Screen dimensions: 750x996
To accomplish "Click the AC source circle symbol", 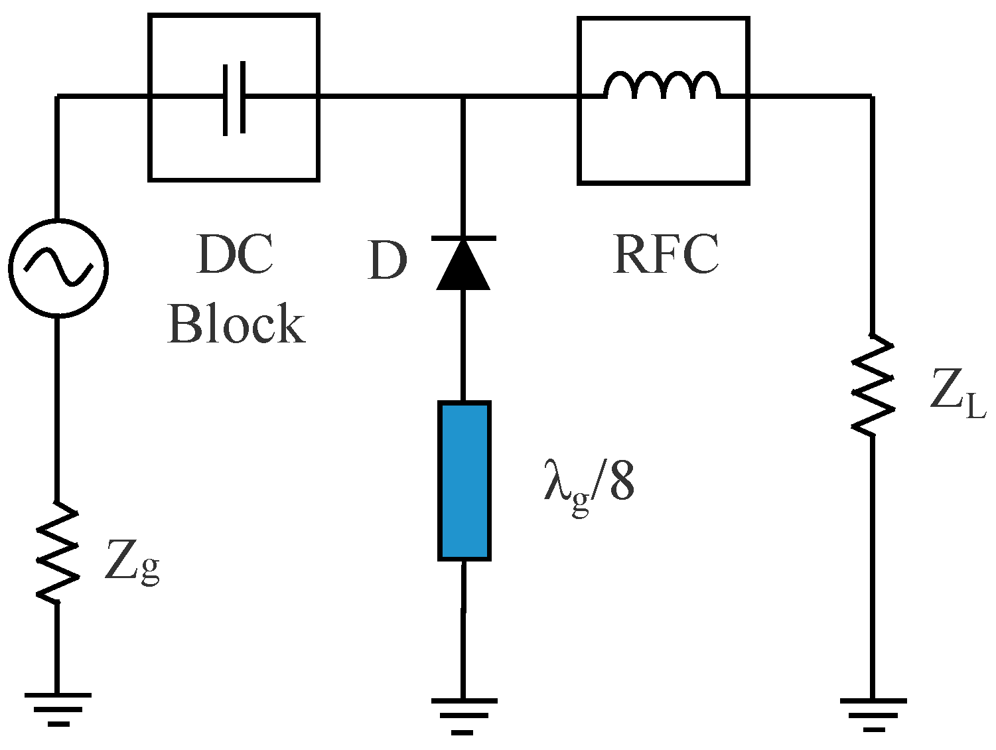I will coord(58,267).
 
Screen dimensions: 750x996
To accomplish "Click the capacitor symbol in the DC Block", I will coord(234,98).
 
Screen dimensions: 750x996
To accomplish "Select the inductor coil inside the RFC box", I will coord(662,86).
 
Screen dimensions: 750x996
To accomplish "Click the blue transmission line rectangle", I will coord(464,481).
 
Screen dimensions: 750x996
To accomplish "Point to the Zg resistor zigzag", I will coord(57,552).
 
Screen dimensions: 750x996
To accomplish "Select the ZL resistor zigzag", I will coord(872,385).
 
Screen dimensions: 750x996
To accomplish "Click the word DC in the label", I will coord(235,255).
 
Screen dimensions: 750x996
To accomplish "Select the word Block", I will coord(236,324).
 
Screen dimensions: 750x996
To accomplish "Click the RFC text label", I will coord(666,254).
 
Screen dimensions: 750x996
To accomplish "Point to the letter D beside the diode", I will coord(387,261).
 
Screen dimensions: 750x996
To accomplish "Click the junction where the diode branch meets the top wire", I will coord(463,98).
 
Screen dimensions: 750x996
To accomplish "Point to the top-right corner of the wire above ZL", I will coord(871,97).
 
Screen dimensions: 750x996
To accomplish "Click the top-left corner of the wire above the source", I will coord(58,97).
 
